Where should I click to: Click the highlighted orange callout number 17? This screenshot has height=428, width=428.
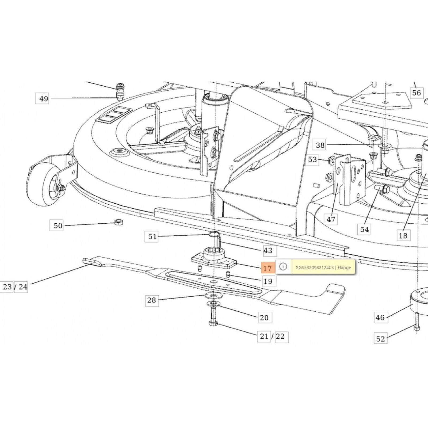(267, 268)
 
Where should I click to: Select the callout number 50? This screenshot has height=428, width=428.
(58, 226)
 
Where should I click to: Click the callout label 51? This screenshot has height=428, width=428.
(152, 236)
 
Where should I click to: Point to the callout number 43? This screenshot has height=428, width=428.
(268, 251)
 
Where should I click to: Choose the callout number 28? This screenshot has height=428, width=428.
(151, 300)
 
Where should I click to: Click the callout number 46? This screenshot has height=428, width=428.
(380, 318)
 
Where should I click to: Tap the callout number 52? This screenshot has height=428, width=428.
(380, 339)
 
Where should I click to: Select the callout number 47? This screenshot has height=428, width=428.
(331, 220)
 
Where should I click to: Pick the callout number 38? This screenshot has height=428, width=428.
(320, 145)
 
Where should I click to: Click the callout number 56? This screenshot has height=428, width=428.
(416, 93)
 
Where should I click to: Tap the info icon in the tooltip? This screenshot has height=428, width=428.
(283, 267)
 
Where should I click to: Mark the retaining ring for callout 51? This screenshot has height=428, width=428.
(214, 235)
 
